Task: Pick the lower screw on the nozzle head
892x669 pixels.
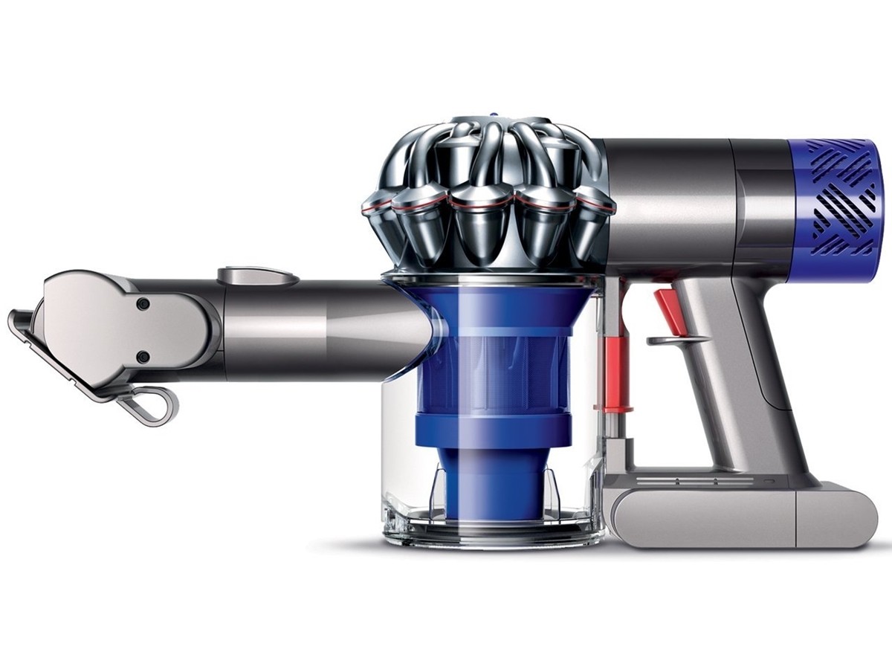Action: coord(143,358)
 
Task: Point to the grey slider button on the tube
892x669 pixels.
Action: coord(256,275)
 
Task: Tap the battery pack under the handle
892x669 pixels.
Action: coord(714,513)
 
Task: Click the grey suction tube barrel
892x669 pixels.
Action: coord(327,327)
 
